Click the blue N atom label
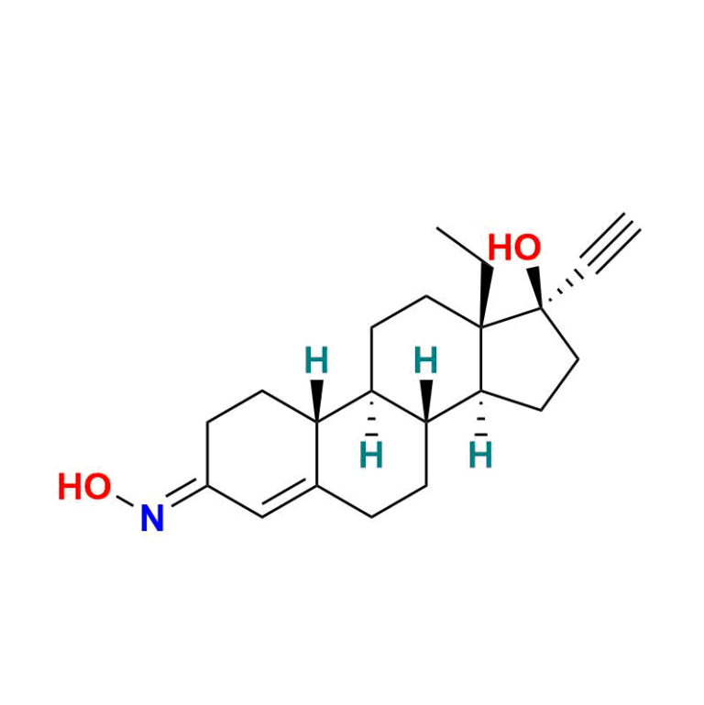152,518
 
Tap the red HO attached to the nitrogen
84,487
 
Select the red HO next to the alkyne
514,248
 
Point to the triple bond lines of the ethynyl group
610,243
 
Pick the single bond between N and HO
126,501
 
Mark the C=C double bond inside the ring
290,499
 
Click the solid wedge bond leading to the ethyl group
484,294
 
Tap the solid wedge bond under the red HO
535,287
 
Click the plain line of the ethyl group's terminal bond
459,247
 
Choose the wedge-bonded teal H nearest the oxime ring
317,360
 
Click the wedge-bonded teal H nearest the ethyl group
425,360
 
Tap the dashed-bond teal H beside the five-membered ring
480,455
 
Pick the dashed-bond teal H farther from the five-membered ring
371,455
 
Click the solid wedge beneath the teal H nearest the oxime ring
317,401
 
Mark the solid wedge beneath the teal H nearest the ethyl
426,401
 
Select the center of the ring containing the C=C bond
262,454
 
